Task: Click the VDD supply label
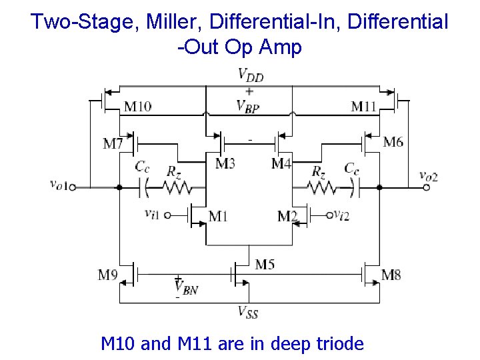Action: (251, 75)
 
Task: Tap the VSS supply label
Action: (248, 311)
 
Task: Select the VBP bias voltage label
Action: (248, 106)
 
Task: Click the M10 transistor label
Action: (137, 106)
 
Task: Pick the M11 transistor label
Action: (365, 106)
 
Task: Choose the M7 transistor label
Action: (113, 143)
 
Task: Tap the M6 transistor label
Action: (393, 141)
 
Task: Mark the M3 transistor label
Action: (225, 163)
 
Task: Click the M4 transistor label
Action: (281, 163)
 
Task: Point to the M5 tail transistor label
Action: (265, 265)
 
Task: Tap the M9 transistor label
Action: (109, 274)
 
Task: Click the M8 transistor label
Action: (391, 274)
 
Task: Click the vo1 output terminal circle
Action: (73, 187)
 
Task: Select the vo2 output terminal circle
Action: (427, 187)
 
